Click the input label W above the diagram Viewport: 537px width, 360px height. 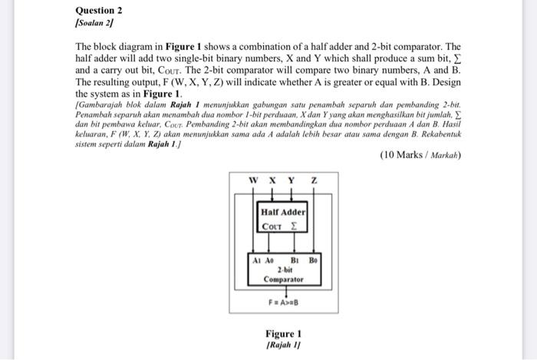coord(254,180)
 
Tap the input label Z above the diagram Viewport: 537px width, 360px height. coord(313,180)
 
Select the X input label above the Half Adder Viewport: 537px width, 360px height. coord(272,180)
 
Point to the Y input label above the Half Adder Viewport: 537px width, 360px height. coord(291,180)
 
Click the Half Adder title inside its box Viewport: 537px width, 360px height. coord(283,212)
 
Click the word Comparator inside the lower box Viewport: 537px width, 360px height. coord(284,279)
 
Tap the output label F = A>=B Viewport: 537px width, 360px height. coord(284,303)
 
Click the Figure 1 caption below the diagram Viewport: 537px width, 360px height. coord(283,334)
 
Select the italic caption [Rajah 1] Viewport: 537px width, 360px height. coord(283,346)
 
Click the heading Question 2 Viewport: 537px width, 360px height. coord(99,11)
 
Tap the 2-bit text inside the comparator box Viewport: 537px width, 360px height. coord(284,270)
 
